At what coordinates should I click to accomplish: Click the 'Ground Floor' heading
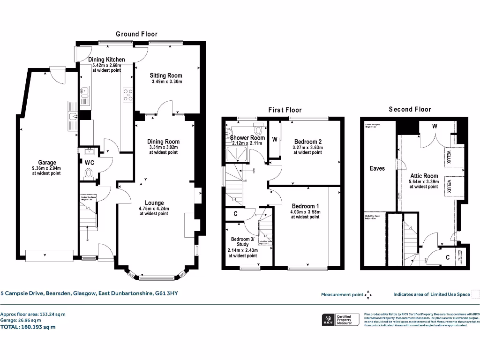click(x=136, y=34)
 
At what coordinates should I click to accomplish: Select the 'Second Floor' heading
click(x=409, y=109)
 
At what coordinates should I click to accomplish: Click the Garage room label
click(x=47, y=162)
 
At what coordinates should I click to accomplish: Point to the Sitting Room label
click(x=166, y=75)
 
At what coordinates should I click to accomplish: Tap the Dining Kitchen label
click(x=106, y=60)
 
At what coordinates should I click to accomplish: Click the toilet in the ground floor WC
click(x=88, y=174)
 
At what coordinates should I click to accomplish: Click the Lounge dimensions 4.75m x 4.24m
click(x=154, y=209)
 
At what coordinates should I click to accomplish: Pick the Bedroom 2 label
click(x=307, y=142)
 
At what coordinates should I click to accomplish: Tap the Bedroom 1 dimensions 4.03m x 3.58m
click(x=305, y=212)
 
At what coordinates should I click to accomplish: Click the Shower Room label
click(x=247, y=138)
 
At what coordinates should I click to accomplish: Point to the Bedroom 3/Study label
click(x=242, y=241)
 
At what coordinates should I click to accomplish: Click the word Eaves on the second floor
click(x=377, y=168)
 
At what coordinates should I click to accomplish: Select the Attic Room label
click(x=423, y=176)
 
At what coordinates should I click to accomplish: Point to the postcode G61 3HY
click(x=167, y=294)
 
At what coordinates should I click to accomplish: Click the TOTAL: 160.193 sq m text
click(x=28, y=327)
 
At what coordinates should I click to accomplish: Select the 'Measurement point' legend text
click(x=342, y=294)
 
